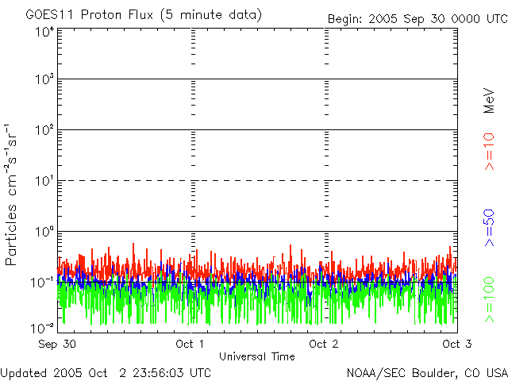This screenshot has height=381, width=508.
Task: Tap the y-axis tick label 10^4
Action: [44, 33]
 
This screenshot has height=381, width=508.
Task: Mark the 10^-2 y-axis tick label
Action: [44, 326]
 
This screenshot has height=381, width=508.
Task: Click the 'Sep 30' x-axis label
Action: [58, 344]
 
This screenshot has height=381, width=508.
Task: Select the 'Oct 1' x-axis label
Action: [190, 344]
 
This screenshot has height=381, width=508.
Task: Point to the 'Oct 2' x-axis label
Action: [324, 344]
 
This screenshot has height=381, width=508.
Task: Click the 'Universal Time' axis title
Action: [257, 356]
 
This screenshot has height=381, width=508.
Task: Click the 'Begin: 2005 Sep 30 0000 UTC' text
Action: [417, 17]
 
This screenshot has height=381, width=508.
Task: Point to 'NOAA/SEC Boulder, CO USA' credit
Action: [427, 372]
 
